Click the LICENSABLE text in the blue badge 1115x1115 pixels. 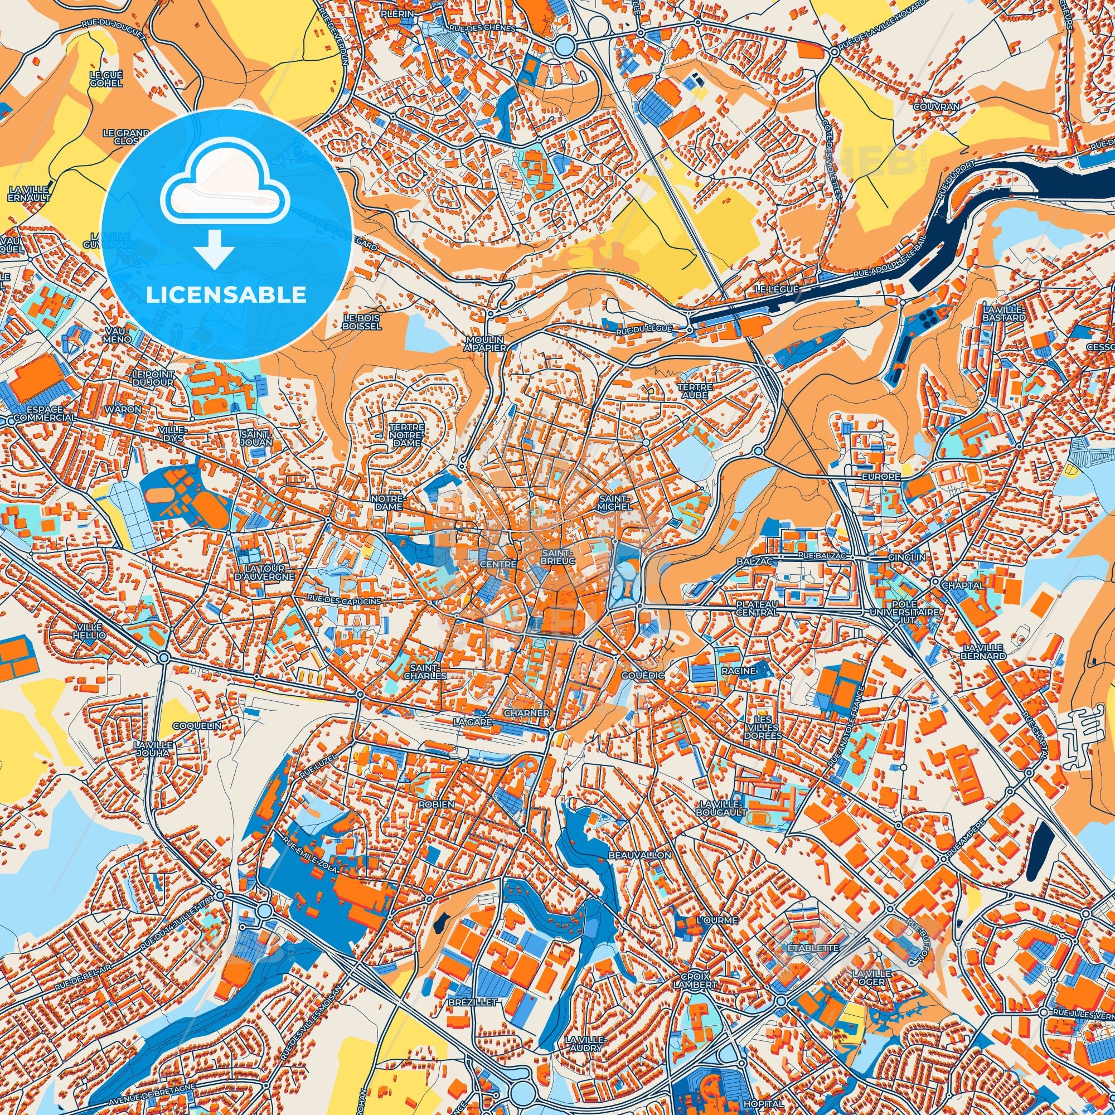point(226,295)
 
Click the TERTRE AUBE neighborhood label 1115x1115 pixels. point(695,391)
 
